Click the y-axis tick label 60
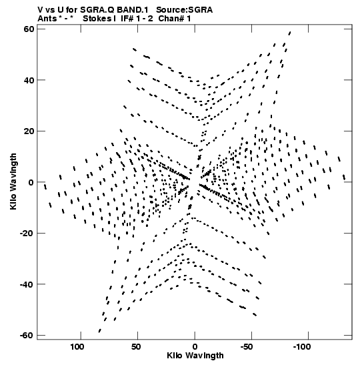[29, 29]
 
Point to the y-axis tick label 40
[29, 80]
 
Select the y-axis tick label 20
[29, 131]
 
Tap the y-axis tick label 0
[31, 182]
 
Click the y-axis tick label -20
[27, 234]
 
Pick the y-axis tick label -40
[27, 284]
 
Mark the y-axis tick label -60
[27, 336]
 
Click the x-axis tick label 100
[77, 347]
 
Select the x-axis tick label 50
[136, 347]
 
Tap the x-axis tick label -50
[247, 347]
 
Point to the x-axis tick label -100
[302, 347]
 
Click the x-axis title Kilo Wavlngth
[195, 356]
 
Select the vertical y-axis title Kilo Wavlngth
[13, 181]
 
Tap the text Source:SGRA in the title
[184, 10]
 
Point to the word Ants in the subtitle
[47, 19]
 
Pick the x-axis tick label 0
[195, 347]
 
